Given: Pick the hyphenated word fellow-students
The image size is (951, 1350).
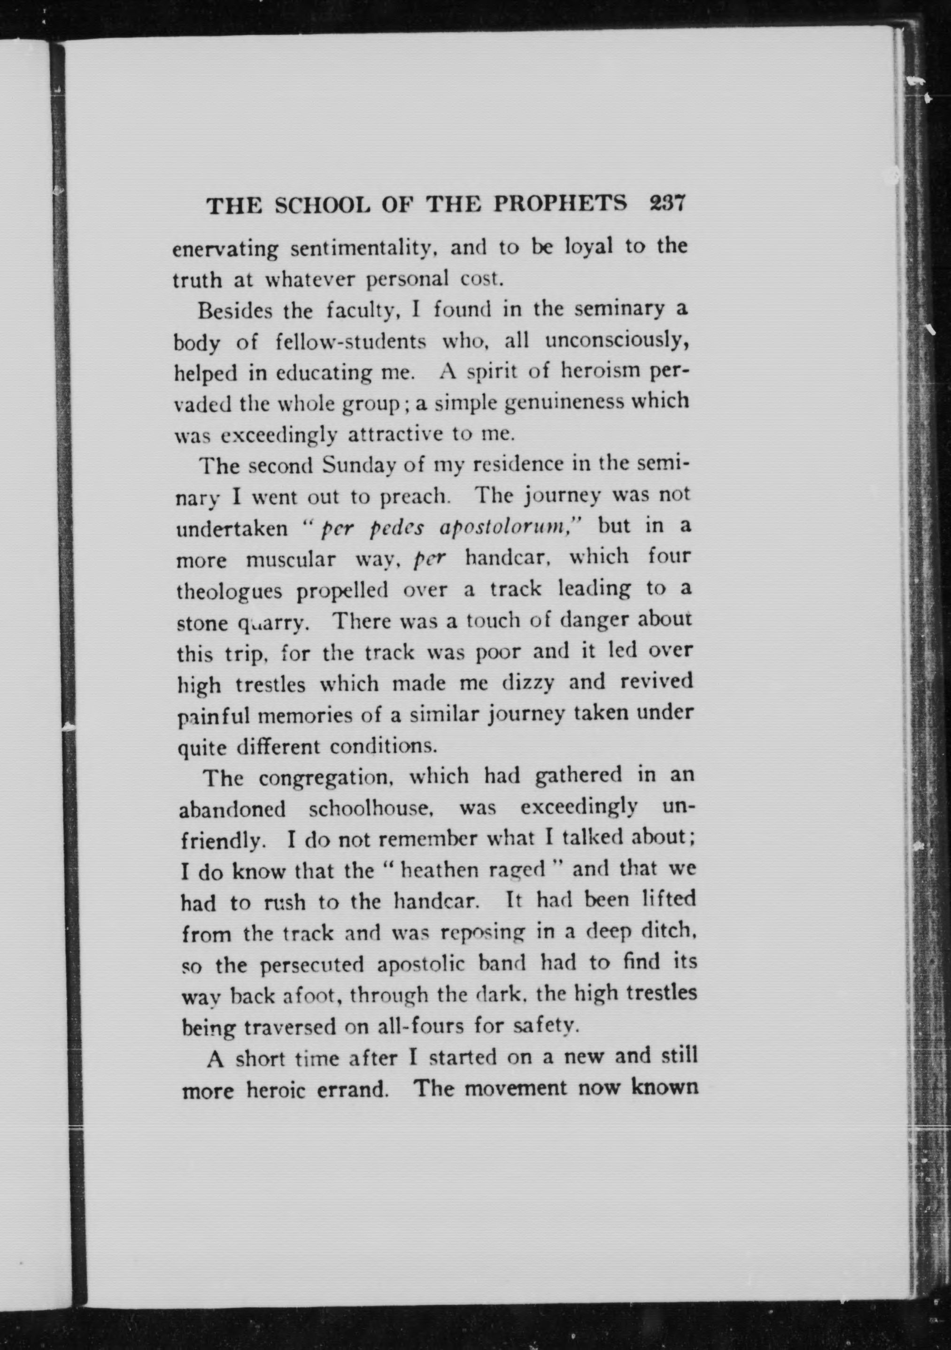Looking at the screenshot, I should pyautogui.click(x=350, y=342).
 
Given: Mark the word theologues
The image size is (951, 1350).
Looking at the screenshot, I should pyautogui.click(x=229, y=591).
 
